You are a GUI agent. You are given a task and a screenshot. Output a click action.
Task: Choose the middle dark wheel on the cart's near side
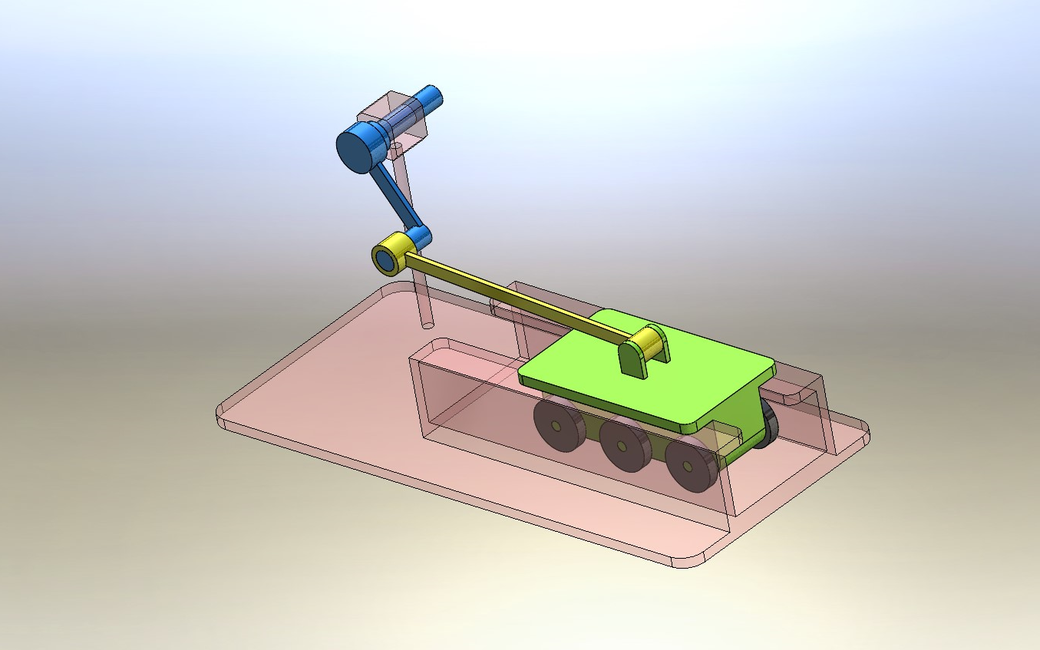(622, 447)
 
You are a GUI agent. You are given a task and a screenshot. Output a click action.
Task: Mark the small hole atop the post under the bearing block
(395, 145)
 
